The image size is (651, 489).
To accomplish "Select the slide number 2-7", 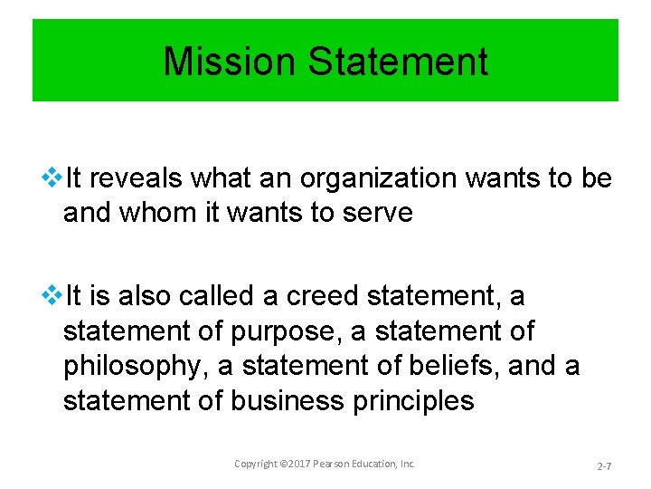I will tap(606, 465).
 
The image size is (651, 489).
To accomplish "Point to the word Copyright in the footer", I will tap(257, 464).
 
